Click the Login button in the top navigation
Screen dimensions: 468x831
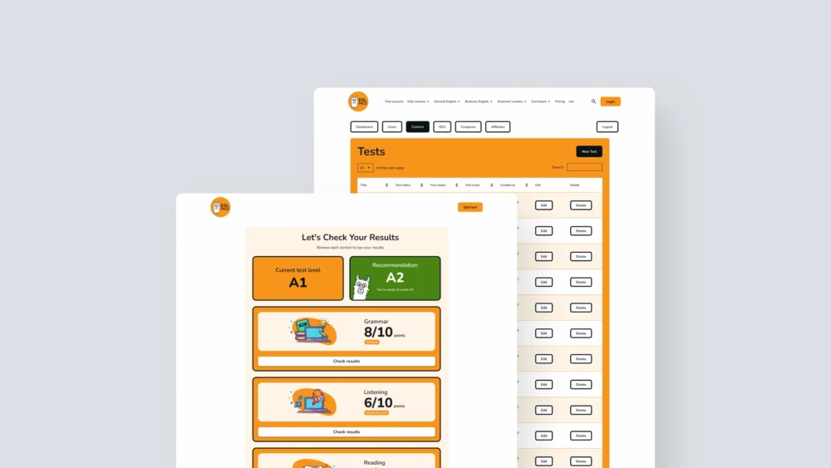[x=610, y=101]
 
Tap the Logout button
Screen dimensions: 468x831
[x=607, y=127]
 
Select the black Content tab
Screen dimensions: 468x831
[x=417, y=127]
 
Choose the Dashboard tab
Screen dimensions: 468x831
[x=364, y=127]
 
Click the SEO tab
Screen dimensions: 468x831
[x=442, y=127]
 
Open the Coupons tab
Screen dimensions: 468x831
[x=468, y=127]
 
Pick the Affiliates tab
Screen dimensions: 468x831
[x=498, y=127]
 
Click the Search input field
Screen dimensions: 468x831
[x=584, y=167]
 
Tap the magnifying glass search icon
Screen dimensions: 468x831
[x=593, y=101]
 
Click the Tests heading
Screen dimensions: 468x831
[x=371, y=151]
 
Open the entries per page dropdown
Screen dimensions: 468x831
[x=366, y=167]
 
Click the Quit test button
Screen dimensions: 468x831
[x=470, y=207]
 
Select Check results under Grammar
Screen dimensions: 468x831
[x=347, y=362]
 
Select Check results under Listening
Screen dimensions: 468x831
[x=347, y=432]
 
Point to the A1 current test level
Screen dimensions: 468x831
[x=297, y=283]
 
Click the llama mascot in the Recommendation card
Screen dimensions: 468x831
[x=361, y=288]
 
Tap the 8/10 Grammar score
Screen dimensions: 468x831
[x=378, y=333]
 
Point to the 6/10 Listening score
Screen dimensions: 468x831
[x=378, y=403]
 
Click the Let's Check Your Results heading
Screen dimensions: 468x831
[x=350, y=237]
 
